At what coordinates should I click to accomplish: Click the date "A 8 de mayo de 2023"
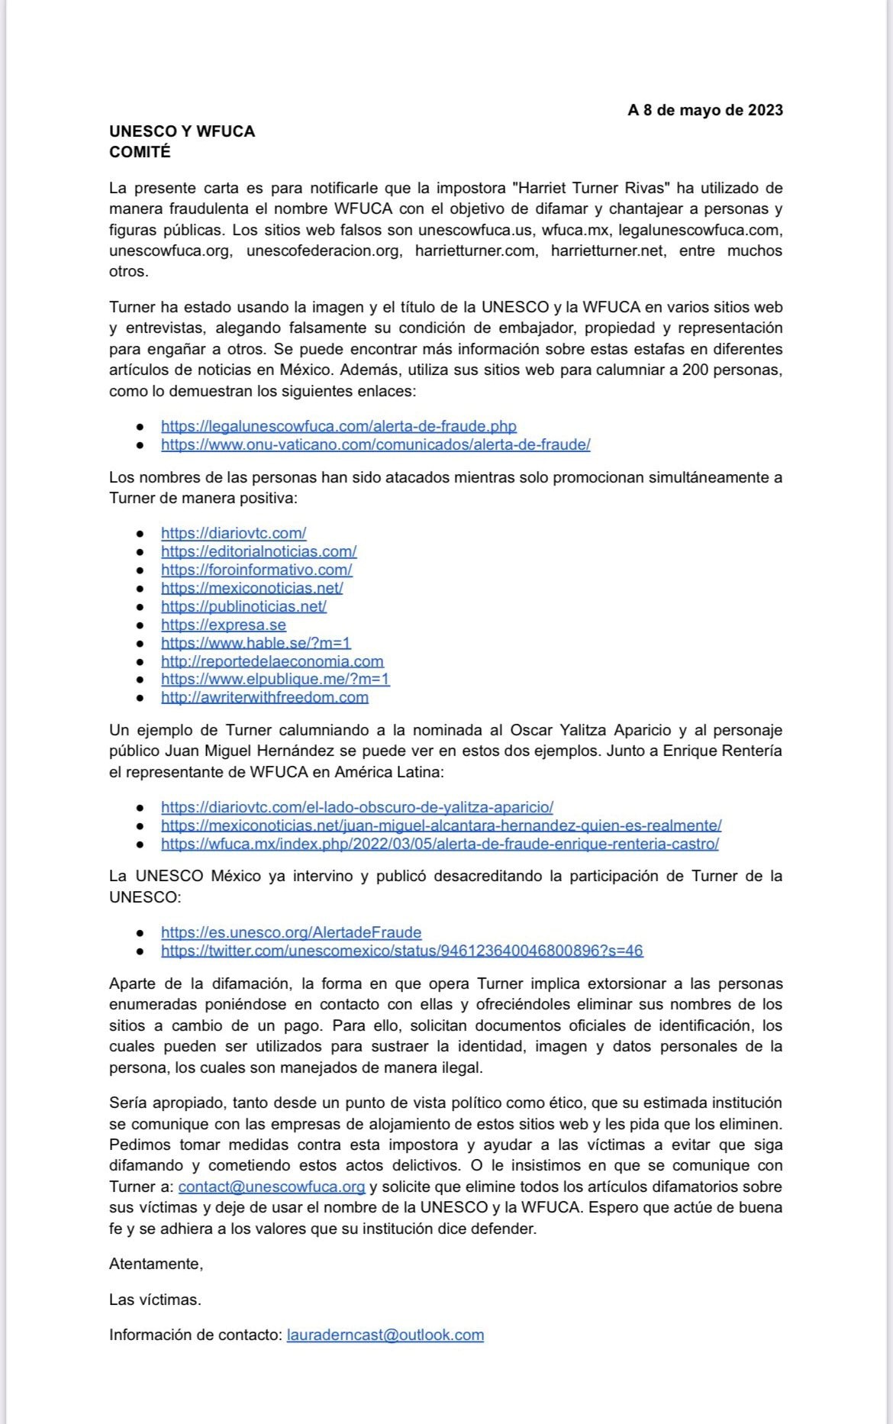705,110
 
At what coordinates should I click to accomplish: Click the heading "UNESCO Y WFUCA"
182,131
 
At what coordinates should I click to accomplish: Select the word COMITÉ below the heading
140,152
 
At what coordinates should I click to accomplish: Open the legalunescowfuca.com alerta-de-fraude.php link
338,426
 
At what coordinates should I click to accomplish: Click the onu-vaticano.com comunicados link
376,444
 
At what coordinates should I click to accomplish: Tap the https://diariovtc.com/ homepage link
234,533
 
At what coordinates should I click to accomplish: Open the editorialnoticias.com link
259,551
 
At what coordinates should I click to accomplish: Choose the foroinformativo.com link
256,570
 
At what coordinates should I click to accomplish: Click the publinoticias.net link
243,606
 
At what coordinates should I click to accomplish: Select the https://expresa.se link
224,625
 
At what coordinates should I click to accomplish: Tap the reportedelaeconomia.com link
272,661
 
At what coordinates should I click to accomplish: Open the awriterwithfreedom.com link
265,697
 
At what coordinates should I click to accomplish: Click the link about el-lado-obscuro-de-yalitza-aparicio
357,807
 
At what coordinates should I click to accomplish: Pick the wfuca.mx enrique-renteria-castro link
440,844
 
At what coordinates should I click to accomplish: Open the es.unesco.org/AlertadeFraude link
291,932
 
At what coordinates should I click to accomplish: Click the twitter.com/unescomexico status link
401,951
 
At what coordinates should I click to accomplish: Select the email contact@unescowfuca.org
272,1187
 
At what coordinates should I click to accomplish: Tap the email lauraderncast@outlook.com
385,1335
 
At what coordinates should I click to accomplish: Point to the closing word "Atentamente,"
156,1264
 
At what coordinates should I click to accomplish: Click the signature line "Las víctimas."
155,1300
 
